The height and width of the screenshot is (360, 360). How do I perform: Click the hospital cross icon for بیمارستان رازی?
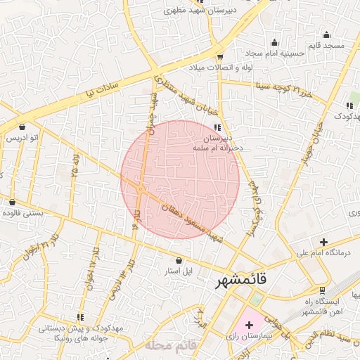(250, 325)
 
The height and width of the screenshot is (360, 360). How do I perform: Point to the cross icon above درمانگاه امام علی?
(323, 241)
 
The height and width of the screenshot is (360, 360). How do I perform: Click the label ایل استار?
(179, 271)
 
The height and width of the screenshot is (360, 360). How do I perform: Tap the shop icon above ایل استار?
(179, 260)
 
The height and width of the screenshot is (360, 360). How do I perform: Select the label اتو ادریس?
(22, 138)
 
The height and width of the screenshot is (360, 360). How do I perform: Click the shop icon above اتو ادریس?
(22, 127)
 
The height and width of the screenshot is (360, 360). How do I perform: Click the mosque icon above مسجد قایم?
(326, 34)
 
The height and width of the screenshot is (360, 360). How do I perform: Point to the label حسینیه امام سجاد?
(274, 53)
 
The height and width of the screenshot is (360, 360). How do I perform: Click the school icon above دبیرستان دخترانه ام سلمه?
(217, 127)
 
